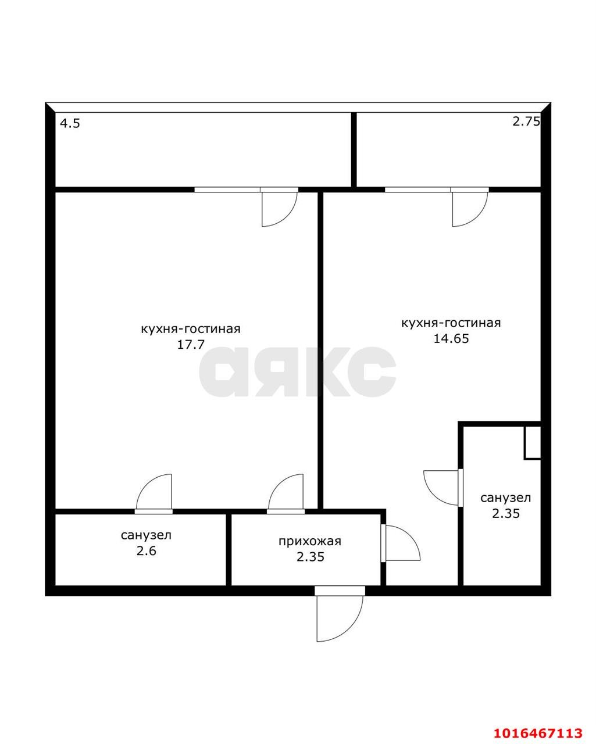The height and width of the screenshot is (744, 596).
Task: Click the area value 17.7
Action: tap(191, 345)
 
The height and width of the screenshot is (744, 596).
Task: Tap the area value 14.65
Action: tap(451, 338)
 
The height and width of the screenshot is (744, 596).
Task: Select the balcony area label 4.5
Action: tap(70, 123)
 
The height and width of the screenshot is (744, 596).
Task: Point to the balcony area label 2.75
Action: tap(526, 121)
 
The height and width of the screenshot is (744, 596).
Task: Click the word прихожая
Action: tap(310, 541)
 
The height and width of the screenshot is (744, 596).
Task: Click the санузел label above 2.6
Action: tap(147, 535)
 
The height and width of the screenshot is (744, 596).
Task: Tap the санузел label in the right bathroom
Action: tap(506, 498)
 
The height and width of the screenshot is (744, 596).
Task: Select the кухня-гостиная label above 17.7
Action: tap(191, 329)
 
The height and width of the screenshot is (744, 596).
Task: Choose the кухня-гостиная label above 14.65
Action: tap(451, 323)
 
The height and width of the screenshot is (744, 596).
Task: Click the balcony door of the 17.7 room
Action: tap(279, 207)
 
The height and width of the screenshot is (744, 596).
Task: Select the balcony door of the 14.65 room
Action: tap(470, 207)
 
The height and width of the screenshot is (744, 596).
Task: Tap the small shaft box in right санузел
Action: tap(533, 443)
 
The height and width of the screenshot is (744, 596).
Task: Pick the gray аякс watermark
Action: tap(298, 372)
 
